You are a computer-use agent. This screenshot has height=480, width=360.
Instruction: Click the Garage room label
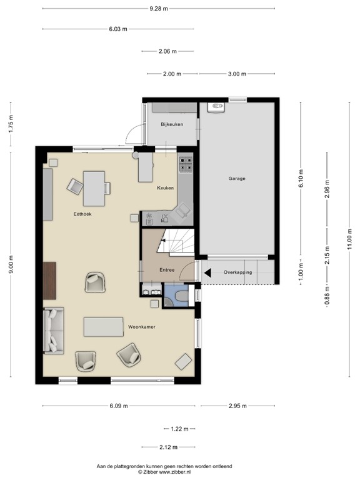pos(236,179)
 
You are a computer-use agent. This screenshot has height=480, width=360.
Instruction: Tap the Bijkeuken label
pos(171,124)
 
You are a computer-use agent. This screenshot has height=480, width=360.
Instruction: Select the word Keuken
pos(165,187)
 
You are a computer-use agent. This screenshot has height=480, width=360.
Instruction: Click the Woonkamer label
pos(142,327)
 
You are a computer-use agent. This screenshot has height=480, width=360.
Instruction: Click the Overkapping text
pos(237,272)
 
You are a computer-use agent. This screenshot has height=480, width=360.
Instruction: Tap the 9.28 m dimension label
pos(159,8)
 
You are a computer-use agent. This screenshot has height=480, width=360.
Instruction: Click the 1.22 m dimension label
pos(179,428)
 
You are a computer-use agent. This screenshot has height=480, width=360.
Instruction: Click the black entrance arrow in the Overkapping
pos(209,272)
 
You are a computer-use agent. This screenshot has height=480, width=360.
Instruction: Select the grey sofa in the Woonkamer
pos(53,331)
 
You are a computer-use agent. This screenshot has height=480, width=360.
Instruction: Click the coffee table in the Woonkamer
pos(103,326)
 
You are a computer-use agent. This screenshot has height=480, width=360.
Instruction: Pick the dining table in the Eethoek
pos(94,188)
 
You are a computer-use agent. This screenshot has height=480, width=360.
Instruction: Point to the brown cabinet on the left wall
pos(50,280)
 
